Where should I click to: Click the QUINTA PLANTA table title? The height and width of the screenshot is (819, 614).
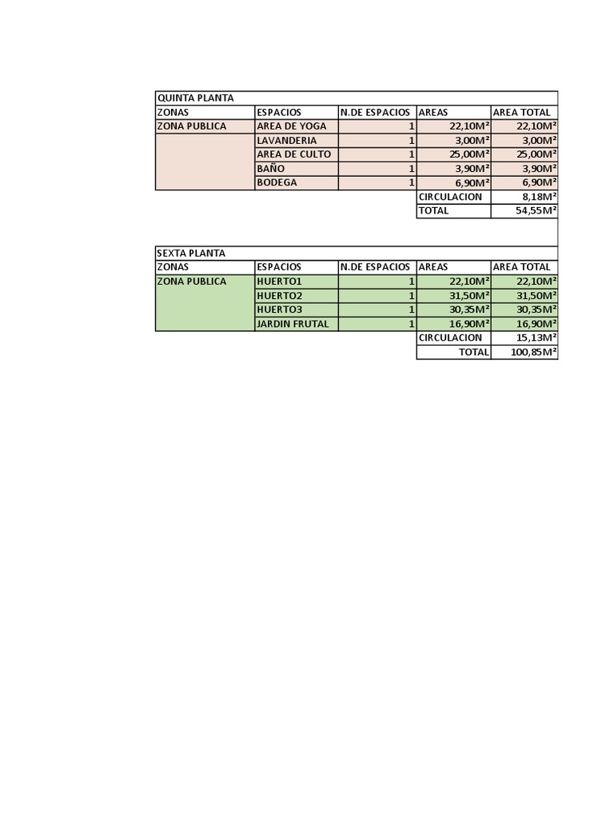(196, 98)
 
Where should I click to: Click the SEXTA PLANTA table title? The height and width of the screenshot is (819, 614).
(192, 253)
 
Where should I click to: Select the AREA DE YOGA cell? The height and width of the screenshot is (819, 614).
(292, 126)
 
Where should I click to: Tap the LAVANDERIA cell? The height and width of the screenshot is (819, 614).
(287, 141)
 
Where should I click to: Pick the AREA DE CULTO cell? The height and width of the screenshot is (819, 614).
(293, 154)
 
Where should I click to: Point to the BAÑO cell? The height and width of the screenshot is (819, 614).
(271, 169)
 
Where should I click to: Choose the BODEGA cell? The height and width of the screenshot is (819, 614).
(277, 182)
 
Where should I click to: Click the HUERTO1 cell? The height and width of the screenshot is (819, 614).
(279, 282)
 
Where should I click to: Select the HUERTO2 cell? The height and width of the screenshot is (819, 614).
(279, 296)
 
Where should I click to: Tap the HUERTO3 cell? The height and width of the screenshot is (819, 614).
(279, 310)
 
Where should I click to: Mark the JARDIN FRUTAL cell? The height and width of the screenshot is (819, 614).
(293, 324)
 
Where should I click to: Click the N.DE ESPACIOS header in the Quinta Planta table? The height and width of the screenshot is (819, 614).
(375, 112)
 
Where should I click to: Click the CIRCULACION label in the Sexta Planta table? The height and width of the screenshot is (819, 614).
(450, 338)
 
